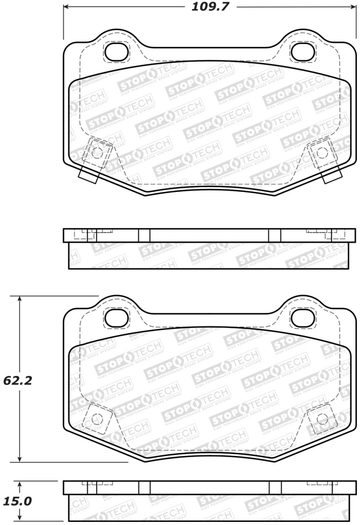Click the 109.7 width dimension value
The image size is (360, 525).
[x=208, y=7]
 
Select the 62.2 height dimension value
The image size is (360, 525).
[x=17, y=381]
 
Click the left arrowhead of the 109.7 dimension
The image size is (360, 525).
[x=65, y=7]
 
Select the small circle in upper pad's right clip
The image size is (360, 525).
[x=321, y=152]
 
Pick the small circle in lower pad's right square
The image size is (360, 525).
[x=321, y=418]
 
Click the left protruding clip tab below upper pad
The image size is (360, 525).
[x=88, y=175]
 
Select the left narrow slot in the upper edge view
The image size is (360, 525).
[x=144, y=235]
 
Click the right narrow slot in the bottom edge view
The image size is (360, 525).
[x=274, y=488]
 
